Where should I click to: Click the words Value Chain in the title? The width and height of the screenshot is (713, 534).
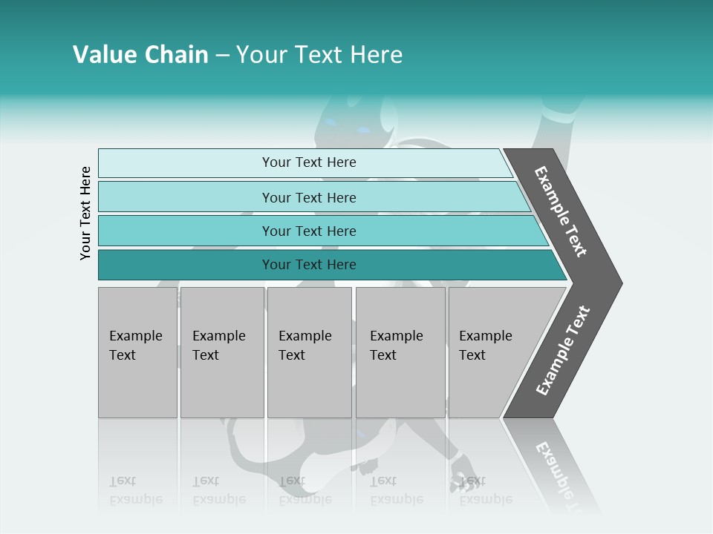(x=140, y=55)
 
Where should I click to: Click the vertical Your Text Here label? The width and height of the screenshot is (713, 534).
(x=85, y=214)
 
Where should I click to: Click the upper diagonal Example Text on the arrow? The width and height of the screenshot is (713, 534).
(x=561, y=211)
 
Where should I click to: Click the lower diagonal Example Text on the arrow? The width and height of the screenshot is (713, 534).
(x=563, y=351)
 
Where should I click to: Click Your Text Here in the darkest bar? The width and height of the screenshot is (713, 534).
(x=309, y=265)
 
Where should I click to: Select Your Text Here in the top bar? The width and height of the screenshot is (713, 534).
(x=309, y=162)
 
